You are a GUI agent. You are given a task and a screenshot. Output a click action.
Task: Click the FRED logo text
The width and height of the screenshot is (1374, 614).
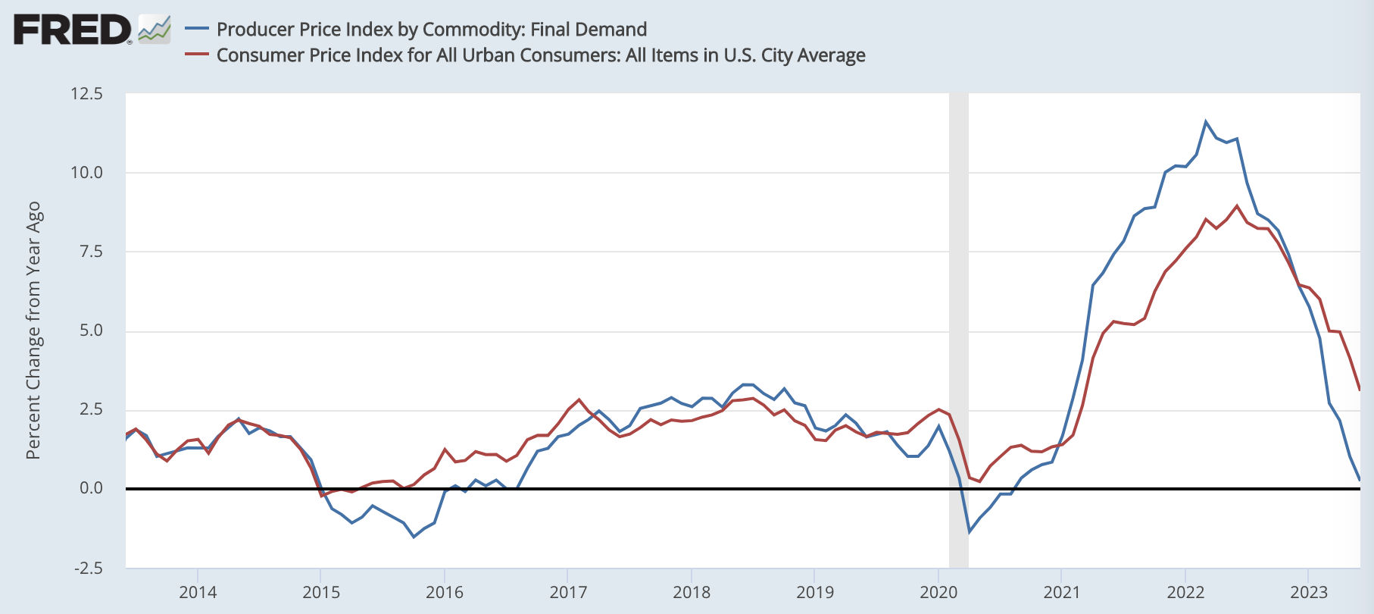coord(72,30)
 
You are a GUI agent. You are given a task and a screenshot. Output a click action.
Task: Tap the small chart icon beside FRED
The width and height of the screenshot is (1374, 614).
coord(155,30)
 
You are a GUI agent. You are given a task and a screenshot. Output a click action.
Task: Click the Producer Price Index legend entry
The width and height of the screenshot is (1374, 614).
coord(431,30)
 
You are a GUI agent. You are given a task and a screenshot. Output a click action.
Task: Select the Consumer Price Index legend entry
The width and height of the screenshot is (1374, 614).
coord(540,55)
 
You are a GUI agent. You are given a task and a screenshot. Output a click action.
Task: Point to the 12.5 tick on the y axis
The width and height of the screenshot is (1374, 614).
coord(86,94)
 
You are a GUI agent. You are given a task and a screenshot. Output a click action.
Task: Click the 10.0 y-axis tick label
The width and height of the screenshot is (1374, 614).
coord(86,173)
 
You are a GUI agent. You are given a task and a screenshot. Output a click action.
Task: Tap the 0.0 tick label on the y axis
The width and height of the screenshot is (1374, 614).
coord(90,488)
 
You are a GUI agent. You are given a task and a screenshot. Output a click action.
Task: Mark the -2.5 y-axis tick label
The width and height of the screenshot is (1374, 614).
coord(88,568)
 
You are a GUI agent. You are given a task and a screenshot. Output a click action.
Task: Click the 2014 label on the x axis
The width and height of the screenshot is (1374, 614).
coord(198,592)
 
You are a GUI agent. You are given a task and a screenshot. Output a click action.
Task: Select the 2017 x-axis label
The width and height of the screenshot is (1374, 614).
coord(568,592)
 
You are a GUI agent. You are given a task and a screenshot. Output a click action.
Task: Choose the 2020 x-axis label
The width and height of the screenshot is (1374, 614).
coord(938,592)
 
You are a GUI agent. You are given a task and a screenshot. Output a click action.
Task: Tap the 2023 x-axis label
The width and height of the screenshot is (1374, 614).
coord(1309,592)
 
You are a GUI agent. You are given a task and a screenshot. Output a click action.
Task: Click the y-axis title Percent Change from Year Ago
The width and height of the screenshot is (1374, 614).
coord(33,330)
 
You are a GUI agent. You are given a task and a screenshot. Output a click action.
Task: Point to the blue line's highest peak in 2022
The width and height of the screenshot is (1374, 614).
coord(1206,121)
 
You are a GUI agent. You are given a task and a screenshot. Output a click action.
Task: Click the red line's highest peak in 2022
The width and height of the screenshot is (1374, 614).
coord(1237,205)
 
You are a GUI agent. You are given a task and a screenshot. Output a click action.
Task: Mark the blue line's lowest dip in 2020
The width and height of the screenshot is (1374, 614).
coord(969,532)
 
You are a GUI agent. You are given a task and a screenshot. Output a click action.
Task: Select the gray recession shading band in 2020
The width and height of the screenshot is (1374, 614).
coord(959,330)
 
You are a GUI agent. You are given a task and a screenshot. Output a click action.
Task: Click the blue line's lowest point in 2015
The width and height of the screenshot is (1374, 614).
coord(414,537)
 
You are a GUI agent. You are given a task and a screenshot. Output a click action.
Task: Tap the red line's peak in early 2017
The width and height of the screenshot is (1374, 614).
coord(579,399)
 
